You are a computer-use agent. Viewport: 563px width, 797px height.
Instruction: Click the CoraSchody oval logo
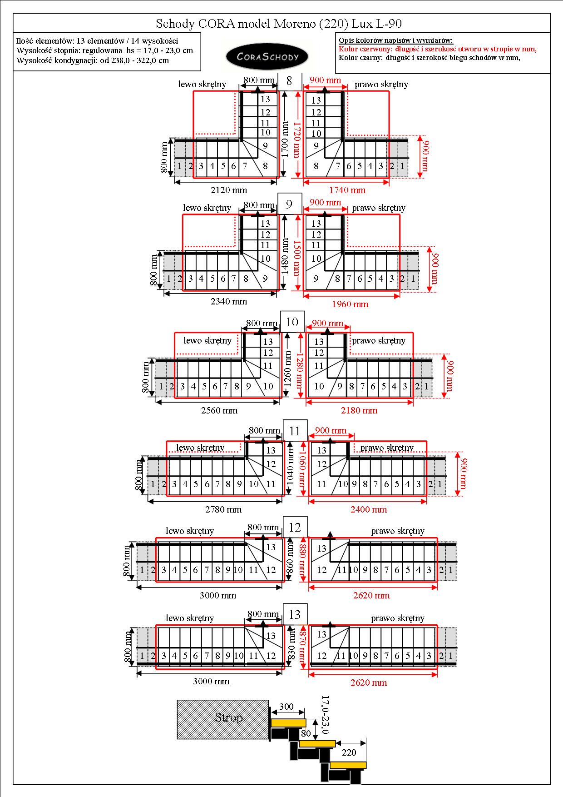click(x=267, y=56)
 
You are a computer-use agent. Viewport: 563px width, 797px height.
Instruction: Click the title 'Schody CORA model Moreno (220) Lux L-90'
click(x=279, y=24)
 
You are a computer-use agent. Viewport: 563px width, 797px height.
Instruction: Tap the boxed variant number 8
click(x=289, y=81)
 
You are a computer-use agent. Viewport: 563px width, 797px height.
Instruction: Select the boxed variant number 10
click(x=292, y=322)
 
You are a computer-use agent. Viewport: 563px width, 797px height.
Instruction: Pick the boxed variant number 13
click(x=295, y=615)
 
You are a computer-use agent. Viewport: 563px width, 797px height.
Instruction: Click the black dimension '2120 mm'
click(x=229, y=190)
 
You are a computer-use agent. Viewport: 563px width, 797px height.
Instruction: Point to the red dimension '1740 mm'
click(x=347, y=190)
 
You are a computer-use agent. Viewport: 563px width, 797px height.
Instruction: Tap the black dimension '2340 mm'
click(x=229, y=301)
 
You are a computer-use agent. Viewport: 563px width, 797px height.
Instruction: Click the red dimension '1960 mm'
click(x=350, y=304)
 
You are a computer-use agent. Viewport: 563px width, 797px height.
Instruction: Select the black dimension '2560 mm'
click(x=219, y=410)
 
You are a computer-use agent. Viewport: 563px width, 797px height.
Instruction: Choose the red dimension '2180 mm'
click(x=359, y=410)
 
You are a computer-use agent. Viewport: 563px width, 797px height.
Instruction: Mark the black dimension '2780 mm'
click(x=223, y=509)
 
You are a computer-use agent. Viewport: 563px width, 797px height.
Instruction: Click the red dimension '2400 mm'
click(x=369, y=509)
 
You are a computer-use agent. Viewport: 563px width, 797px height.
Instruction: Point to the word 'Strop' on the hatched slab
click(x=229, y=717)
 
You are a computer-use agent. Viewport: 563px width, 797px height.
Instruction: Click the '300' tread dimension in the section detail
click(x=286, y=707)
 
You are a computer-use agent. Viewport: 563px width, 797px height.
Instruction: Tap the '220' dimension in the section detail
click(x=349, y=752)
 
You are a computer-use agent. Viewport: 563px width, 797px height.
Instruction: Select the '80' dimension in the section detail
click(x=306, y=733)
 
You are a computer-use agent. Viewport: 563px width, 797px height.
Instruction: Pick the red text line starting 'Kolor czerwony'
click(x=438, y=49)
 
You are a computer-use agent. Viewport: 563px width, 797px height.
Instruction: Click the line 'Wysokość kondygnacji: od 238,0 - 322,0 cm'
click(x=93, y=60)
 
